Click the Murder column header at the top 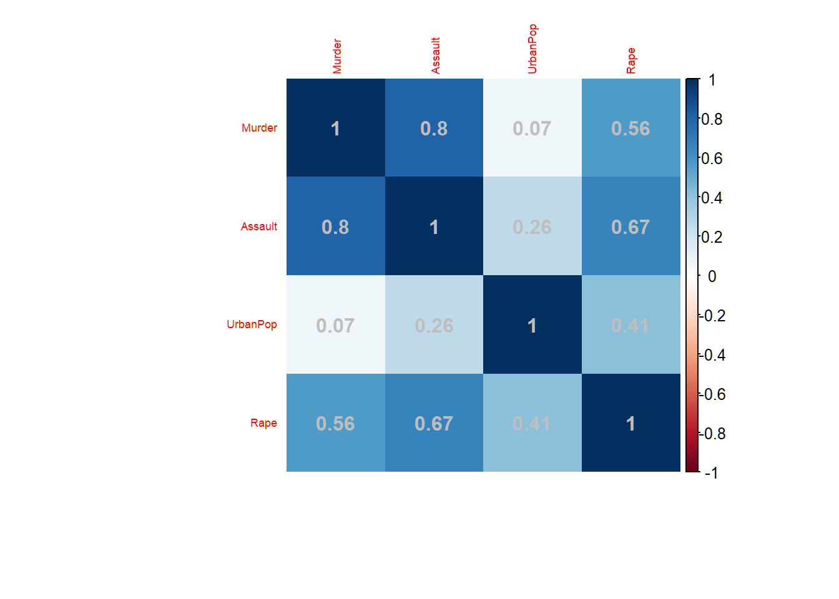(337, 56)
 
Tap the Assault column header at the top (436, 56)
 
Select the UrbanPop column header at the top (532, 49)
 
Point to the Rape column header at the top (631, 61)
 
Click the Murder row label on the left (259, 128)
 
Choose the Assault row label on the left (258, 226)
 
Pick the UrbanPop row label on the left (252, 324)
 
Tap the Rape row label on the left (263, 423)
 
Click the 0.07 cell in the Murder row (532, 128)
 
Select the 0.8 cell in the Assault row (335, 226)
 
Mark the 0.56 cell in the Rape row (335, 423)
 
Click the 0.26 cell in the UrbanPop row (434, 324)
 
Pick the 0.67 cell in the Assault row (630, 226)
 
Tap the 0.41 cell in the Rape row (532, 423)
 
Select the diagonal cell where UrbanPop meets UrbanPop (532, 324)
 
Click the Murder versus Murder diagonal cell (335, 128)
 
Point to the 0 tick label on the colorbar (712, 276)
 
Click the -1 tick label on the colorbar (711, 472)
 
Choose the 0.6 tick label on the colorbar (712, 158)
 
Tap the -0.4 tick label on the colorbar (712, 355)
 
